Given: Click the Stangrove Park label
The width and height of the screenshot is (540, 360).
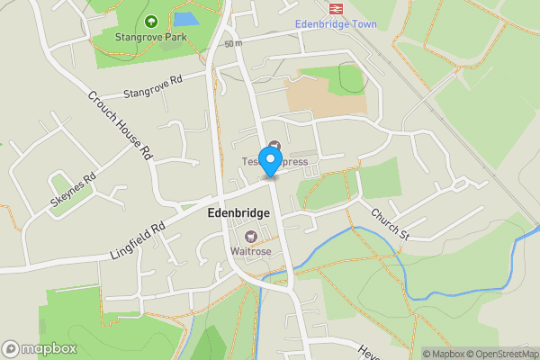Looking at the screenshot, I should tap(149, 38).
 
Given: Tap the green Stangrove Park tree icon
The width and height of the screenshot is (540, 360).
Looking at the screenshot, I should tap(149, 22).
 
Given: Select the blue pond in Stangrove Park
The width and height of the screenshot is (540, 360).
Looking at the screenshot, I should tap(186, 18).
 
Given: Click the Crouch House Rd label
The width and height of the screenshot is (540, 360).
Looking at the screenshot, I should tap(119, 125).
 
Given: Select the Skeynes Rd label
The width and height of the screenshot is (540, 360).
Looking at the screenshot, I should tap(73, 192).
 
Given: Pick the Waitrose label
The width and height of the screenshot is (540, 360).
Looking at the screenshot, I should tap(250, 250).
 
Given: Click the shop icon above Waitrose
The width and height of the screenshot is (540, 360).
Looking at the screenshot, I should tap(250, 237).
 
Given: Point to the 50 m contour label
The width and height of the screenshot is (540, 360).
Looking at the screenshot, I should tap(234, 43).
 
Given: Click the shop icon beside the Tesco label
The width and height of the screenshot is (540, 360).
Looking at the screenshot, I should tap(274, 147).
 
